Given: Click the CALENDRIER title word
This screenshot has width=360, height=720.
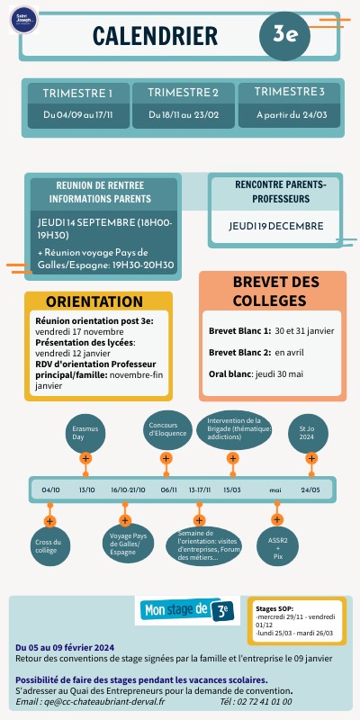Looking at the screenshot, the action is [x=155, y=35].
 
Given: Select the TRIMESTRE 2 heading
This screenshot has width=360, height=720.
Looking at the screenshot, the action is [x=184, y=93].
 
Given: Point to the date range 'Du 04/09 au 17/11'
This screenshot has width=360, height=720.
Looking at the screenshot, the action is [x=77, y=115].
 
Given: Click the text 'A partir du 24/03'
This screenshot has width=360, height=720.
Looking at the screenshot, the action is [x=290, y=115].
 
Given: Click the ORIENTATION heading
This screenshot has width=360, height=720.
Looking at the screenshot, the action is [x=94, y=301].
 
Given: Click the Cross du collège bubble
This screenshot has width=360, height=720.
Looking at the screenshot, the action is [x=49, y=546].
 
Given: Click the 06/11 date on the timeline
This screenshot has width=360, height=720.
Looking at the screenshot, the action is [x=168, y=490].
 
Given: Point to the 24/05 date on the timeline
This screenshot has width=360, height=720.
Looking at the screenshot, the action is [x=310, y=490].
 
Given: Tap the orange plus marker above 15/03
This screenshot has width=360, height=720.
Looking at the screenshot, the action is [x=232, y=459].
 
